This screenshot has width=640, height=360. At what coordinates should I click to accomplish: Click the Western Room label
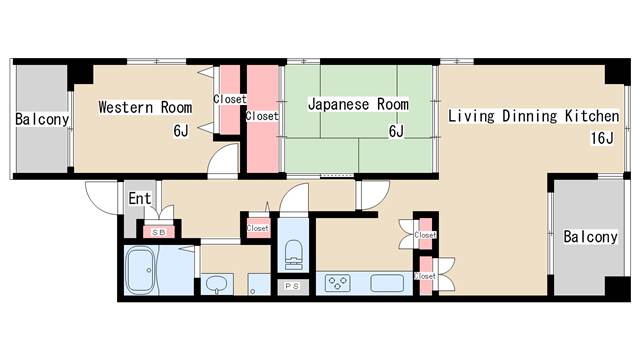(x=145, y=108)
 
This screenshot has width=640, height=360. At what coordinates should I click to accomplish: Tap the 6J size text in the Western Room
(x=180, y=131)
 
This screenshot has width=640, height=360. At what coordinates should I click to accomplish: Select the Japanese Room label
(x=358, y=104)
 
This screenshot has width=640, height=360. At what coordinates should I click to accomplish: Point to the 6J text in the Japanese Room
(x=396, y=131)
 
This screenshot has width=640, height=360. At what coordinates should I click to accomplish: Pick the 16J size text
(x=601, y=138)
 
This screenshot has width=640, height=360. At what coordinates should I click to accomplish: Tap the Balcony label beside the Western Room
(x=41, y=120)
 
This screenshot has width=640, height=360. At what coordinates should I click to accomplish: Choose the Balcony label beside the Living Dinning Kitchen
(x=590, y=237)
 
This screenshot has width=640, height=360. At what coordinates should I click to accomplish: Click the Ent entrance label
(x=139, y=199)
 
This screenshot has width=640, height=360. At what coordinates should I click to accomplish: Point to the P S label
(x=292, y=287)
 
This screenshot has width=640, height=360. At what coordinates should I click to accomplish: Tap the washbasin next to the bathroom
(x=218, y=284)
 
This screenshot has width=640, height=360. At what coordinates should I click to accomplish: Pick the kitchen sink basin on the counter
(x=390, y=282)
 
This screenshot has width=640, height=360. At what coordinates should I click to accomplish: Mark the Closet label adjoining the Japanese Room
(x=262, y=116)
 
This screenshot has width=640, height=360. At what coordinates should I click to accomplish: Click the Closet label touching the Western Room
(x=229, y=99)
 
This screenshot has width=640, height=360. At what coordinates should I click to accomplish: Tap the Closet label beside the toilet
(x=257, y=228)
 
